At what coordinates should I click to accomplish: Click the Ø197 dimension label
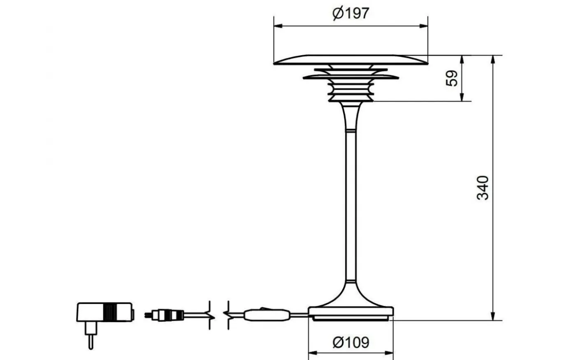pyautogui.click(x=351, y=14)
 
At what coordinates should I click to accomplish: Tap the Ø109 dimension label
pyautogui.click(x=351, y=342)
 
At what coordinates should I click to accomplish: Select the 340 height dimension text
pyautogui.click(x=483, y=188)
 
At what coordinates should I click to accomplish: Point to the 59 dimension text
pyautogui.click(x=452, y=78)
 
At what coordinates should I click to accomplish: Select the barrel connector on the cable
pyautogui.click(x=165, y=316)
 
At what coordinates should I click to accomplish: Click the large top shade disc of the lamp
pyautogui.click(x=351, y=60)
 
